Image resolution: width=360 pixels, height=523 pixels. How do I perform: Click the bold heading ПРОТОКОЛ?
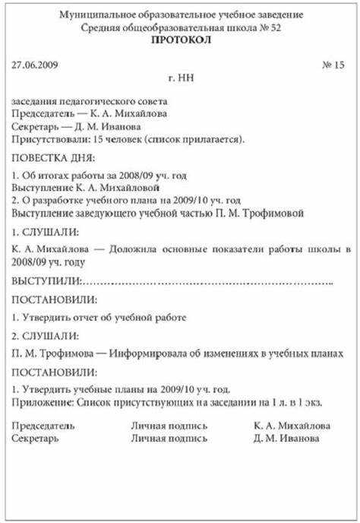coord(179,41)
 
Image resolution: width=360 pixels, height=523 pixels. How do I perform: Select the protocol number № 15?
coord(333,65)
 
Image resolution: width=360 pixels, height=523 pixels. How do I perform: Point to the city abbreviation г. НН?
coord(180,78)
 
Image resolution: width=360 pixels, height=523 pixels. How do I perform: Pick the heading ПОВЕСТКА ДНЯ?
coord(54,158)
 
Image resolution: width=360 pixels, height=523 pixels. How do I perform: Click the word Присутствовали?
coord(49,140)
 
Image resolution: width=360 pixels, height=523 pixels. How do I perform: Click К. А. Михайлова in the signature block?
coord(292,426)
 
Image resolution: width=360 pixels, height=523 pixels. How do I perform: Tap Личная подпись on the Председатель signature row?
coord(169,426)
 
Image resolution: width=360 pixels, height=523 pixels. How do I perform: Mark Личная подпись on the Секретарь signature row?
coord(169,439)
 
